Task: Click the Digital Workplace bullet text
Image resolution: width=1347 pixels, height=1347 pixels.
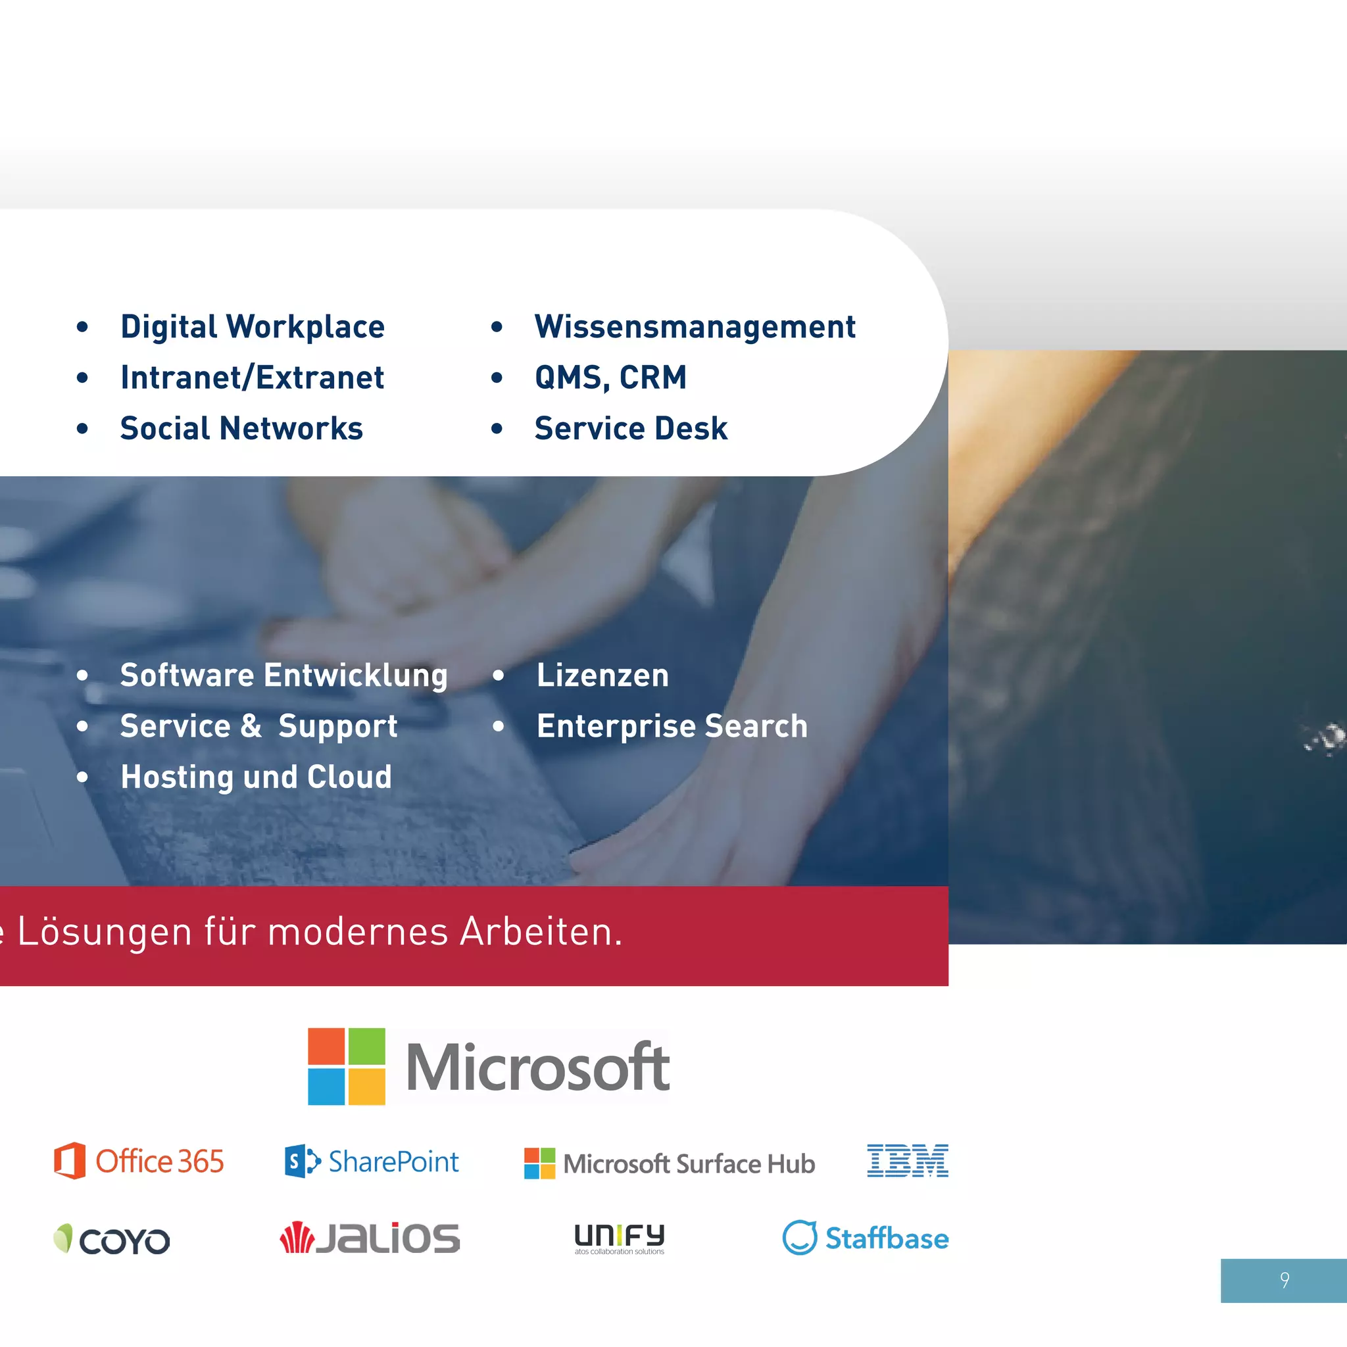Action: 252,327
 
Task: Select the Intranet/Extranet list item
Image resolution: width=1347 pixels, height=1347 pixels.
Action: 252,378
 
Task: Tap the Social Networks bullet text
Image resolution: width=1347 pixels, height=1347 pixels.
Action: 241,429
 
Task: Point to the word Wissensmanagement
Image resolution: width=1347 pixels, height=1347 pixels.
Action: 695,327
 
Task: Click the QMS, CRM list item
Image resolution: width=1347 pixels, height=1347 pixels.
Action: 610,378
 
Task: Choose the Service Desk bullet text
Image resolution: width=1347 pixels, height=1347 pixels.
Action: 630,429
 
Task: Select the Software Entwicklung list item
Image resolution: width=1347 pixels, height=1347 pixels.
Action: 283,675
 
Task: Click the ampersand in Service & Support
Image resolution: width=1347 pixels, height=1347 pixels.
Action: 251,727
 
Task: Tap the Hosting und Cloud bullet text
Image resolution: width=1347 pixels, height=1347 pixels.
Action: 256,777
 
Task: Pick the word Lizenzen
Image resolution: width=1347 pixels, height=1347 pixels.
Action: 602,675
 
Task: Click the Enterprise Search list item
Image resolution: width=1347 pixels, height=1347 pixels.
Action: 672,727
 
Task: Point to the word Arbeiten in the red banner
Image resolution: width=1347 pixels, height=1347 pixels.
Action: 541,931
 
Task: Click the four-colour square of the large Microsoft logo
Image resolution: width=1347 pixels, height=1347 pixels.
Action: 347,1066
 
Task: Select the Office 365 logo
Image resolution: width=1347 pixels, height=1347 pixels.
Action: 139,1162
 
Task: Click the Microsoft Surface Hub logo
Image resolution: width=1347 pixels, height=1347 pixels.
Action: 670,1163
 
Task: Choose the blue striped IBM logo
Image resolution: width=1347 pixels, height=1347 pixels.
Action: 907,1161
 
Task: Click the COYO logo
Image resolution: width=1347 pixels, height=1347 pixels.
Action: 112,1240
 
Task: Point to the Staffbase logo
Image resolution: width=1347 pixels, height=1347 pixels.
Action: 866,1238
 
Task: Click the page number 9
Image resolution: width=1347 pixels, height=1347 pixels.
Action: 1285,1280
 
